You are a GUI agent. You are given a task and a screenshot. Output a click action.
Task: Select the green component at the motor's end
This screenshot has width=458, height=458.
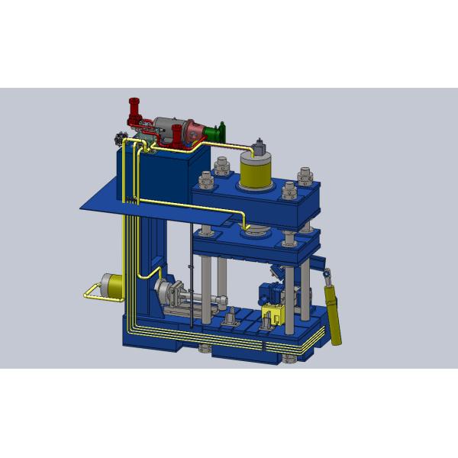pyautogui.click(x=221, y=131)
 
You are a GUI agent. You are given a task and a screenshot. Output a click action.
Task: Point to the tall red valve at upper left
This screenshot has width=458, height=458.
pyautogui.click(x=135, y=113)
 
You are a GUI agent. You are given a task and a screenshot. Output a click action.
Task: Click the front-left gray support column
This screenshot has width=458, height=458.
pyautogui.click(x=206, y=282)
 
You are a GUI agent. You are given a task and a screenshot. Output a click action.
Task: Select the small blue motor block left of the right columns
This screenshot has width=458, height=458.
pyautogui.click(x=267, y=293)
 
